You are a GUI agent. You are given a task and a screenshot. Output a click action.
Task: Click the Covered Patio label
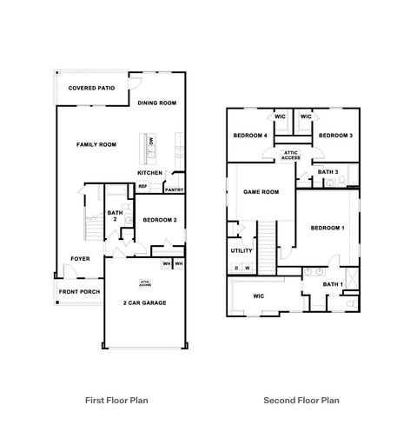(90, 88)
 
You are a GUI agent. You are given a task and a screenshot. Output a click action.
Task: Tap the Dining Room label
(157, 103)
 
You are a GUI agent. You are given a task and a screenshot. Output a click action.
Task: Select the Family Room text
(96, 144)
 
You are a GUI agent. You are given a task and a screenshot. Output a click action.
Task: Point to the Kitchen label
(150, 172)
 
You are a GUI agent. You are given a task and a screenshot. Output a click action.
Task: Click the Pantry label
(174, 189)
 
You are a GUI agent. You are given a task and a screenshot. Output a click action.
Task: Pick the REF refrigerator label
(143, 186)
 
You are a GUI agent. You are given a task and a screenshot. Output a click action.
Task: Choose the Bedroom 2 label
(160, 220)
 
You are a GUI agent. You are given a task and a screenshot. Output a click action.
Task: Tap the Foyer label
(81, 258)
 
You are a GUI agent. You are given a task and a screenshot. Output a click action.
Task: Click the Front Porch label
(77, 292)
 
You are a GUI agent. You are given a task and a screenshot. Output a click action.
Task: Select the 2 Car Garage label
(144, 302)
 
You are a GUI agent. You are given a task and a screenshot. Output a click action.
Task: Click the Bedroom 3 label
(334, 136)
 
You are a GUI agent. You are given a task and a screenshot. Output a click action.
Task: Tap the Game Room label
(261, 192)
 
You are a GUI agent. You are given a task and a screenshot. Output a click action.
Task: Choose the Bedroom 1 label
(328, 228)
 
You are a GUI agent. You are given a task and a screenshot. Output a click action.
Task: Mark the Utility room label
(242, 251)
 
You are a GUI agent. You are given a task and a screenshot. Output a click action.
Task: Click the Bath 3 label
(328, 172)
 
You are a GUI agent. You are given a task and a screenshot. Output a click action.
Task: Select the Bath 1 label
(333, 284)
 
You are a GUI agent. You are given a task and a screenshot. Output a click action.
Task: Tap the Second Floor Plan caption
(302, 401)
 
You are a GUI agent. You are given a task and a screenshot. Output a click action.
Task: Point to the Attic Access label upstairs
(291, 156)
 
